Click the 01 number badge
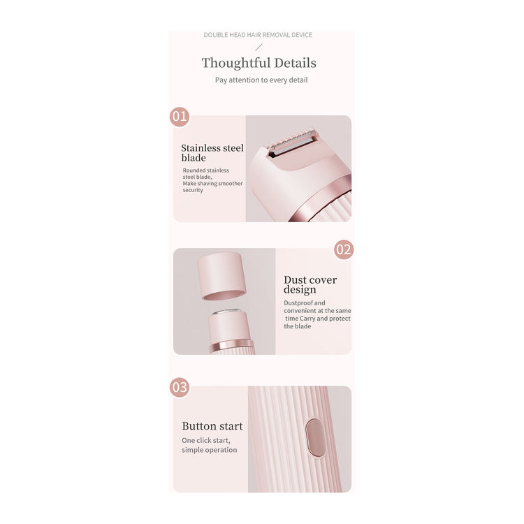pos(180,117)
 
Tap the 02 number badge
pos(344,249)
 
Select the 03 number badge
pos(180,387)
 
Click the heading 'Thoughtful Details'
pos(259,63)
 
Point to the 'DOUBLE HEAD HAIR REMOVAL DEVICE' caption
pos(258,35)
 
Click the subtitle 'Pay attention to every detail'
pos(261,80)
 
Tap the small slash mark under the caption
pos(259,47)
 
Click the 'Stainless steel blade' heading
pos(212,153)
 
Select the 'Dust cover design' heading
pos(310,284)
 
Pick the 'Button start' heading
pos(212,426)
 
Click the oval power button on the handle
pos(316,438)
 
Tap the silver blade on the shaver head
pos(293,144)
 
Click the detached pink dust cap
pos(222,276)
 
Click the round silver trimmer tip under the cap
pos(227,312)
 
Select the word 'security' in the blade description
pos(193,190)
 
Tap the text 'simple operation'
pos(210,450)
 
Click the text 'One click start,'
pos(206,440)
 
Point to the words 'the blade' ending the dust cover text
pos(298,326)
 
